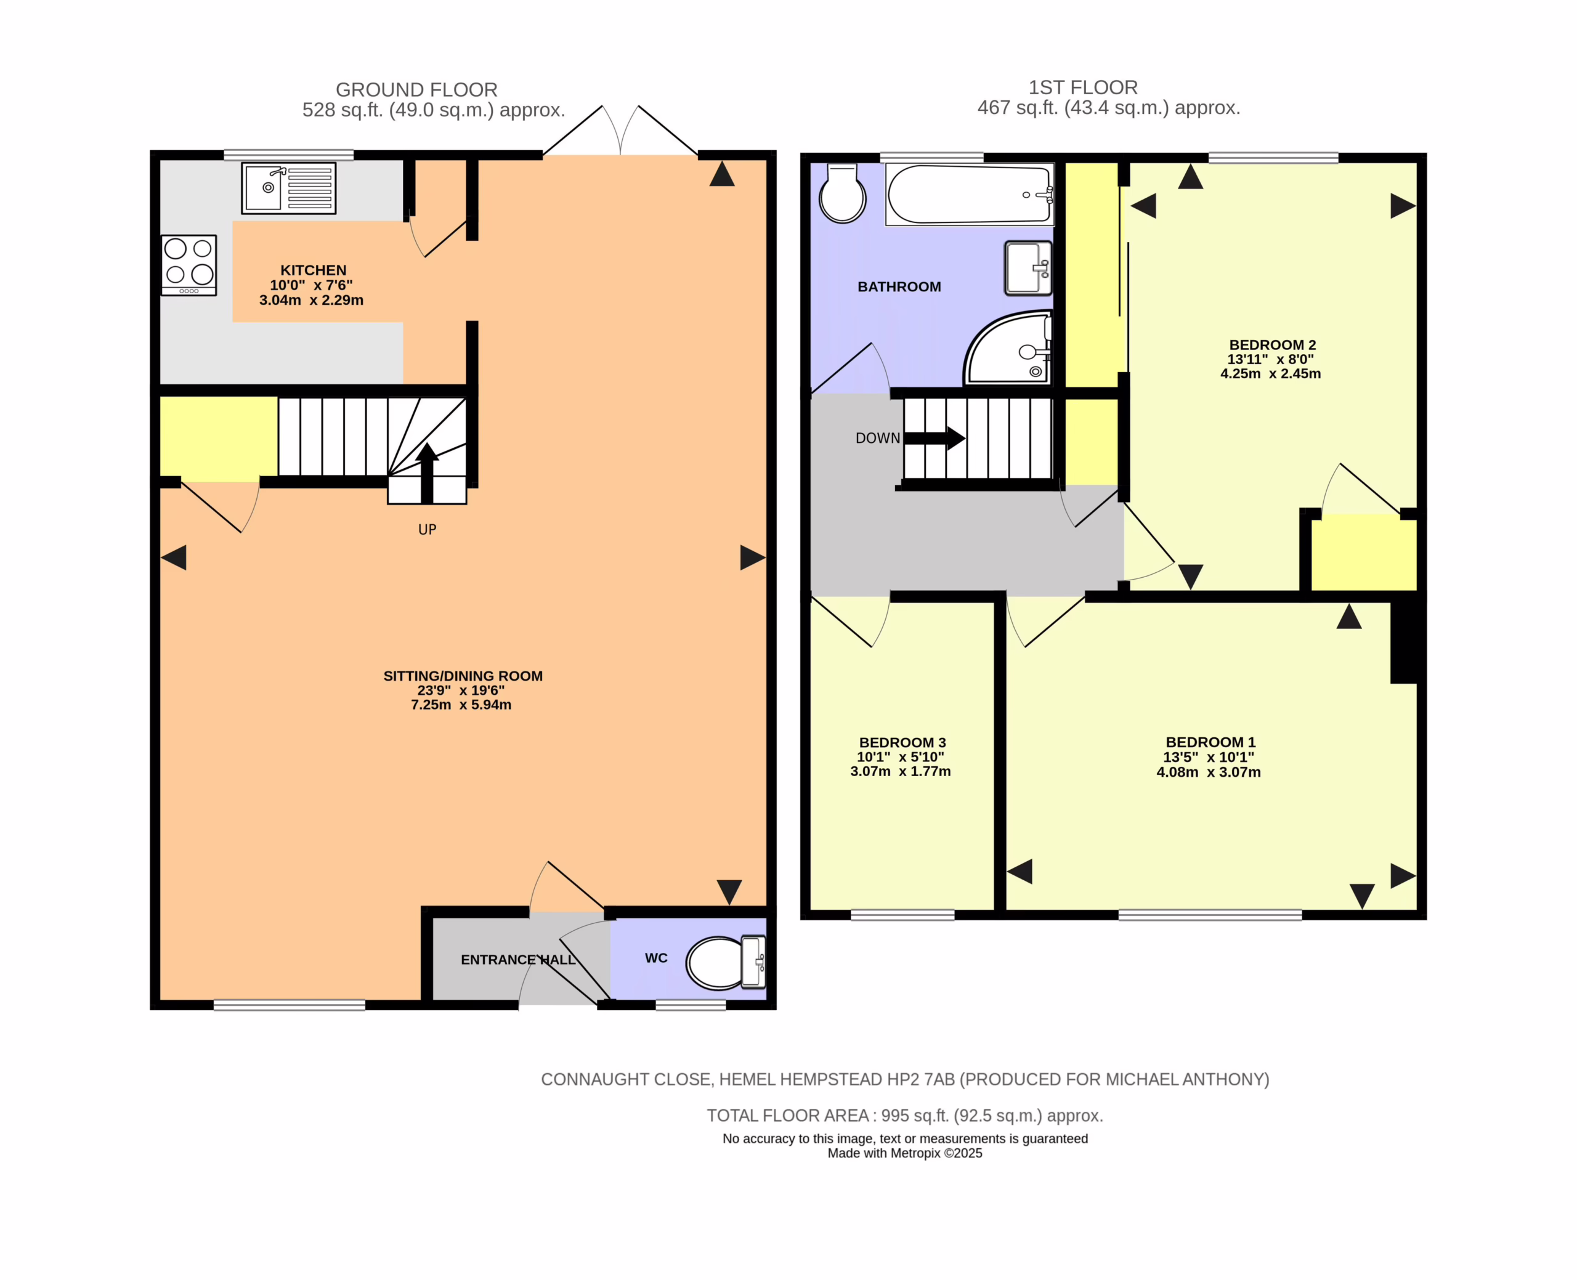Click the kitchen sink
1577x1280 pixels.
[x=289, y=188]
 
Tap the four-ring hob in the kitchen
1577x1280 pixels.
[x=189, y=265]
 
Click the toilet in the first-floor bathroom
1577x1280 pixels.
[x=843, y=193]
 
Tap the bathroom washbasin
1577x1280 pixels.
[x=1029, y=268]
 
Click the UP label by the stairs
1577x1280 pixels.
[x=428, y=529]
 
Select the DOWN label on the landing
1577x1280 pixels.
[x=877, y=438]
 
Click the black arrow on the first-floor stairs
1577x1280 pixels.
[x=934, y=438]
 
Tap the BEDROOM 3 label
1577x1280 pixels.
[x=902, y=742]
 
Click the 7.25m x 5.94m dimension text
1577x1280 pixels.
[x=461, y=704]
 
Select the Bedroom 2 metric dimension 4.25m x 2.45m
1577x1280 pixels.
[x=1271, y=374]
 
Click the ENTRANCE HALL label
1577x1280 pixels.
[x=518, y=959]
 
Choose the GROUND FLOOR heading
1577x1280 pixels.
[x=416, y=90]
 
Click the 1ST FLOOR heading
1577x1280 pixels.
[x=1083, y=87]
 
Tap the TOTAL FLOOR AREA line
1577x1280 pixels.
[x=904, y=1116]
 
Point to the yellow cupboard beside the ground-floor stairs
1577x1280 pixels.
[x=219, y=437]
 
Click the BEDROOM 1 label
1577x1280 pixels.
[x=1210, y=742]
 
